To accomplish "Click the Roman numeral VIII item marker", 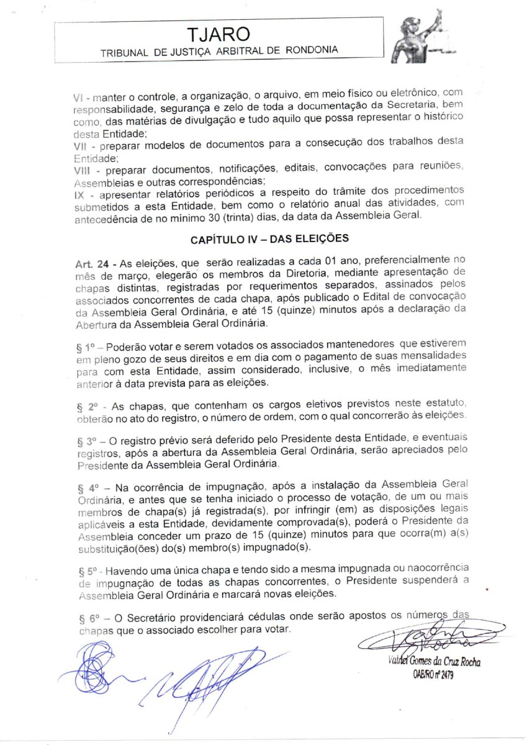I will tap(82, 170).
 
